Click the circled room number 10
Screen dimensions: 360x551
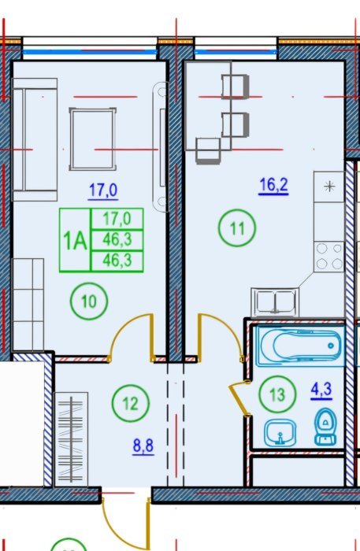click(x=89, y=301)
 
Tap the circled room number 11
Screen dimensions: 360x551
click(x=237, y=228)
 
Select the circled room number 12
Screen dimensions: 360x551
click(x=131, y=403)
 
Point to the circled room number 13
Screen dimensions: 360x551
click(x=277, y=394)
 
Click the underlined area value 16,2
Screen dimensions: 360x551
click(x=273, y=185)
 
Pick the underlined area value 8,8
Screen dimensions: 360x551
click(x=143, y=446)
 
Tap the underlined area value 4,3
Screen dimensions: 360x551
click(x=321, y=390)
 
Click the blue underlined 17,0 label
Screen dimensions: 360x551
click(x=103, y=190)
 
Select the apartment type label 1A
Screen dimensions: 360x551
click(x=75, y=241)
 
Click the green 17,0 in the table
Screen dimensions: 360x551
click(x=117, y=219)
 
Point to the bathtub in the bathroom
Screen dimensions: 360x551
click(x=301, y=346)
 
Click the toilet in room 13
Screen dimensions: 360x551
click(x=325, y=427)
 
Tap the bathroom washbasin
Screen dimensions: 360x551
click(x=280, y=433)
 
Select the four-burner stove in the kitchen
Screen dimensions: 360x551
click(x=329, y=257)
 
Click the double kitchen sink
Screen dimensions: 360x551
click(x=275, y=301)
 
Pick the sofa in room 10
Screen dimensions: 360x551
click(x=35, y=139)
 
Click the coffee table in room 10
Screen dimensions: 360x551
click(x=93, y=139)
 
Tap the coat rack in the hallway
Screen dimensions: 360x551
click(x=72, y=439)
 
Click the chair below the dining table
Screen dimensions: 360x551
click(x=208, y=151)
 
